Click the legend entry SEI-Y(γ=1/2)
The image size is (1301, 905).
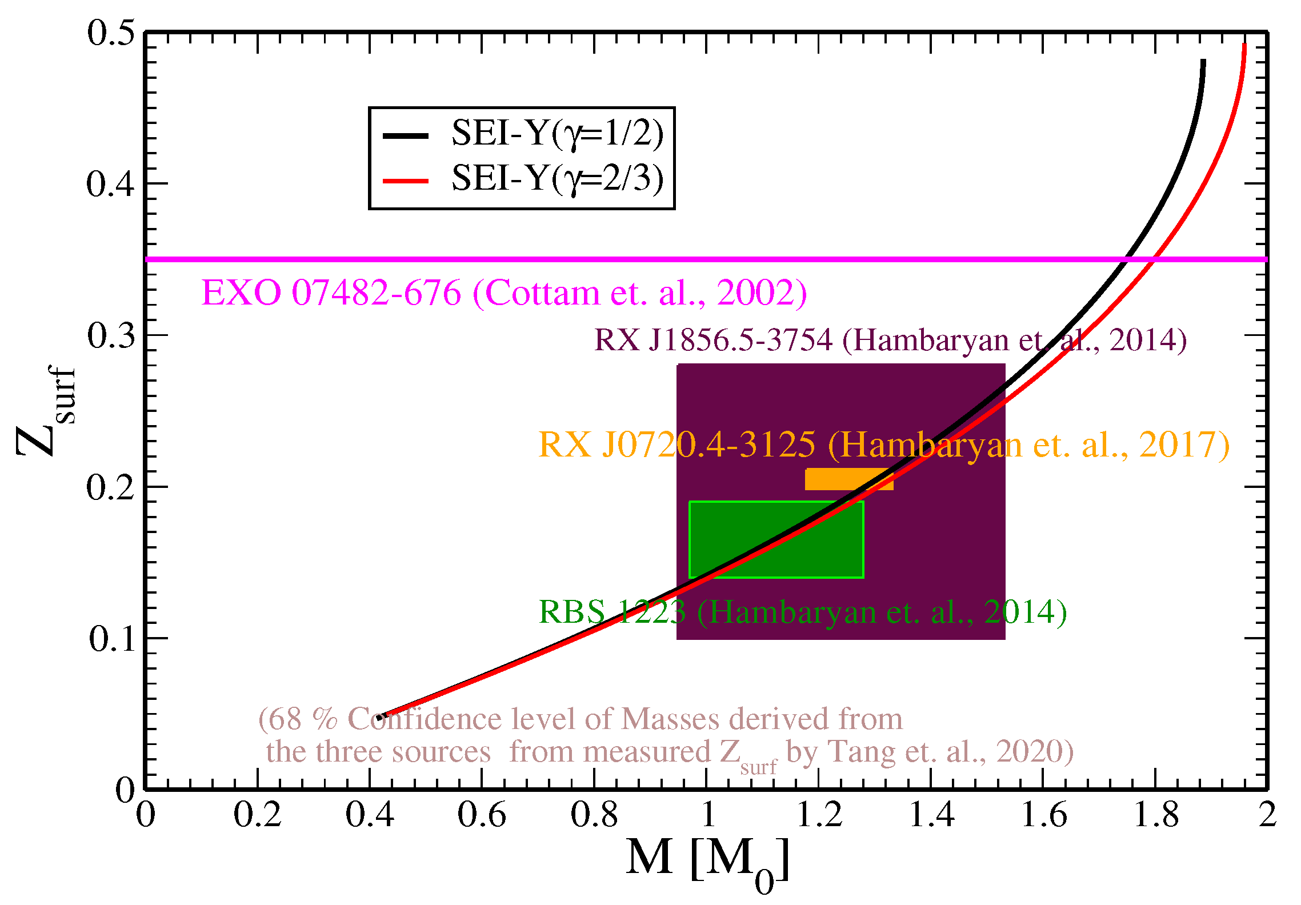(557, 134)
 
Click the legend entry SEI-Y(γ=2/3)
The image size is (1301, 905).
(557, 179)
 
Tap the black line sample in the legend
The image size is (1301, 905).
(405, 135)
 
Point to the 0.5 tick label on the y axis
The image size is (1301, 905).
(111, 33)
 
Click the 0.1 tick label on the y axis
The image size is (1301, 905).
(112, 639)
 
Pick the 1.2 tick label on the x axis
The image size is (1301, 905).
(819, 815)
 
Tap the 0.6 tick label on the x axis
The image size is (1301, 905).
(482, 815)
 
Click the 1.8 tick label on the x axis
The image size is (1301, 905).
(1156, 815)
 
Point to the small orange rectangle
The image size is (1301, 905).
(848, 479)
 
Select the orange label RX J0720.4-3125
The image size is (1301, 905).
(677, 445)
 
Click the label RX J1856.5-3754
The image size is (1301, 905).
(714, 340)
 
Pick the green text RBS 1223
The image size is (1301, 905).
(611, 612)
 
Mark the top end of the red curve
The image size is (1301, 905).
(1244, 45)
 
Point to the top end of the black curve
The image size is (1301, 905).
(1203, 61)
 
